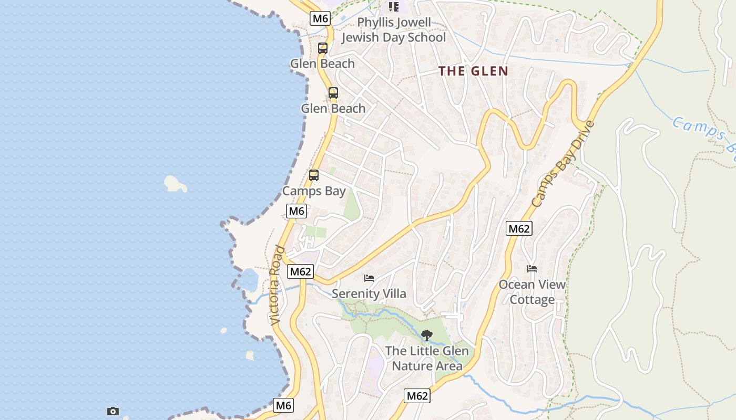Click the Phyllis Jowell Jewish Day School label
coord(393,30)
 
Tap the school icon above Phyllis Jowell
coord(393,7)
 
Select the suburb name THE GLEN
coord(473,71)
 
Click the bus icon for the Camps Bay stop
coord(314,175)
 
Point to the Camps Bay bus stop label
coord(314,191)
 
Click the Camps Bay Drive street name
coord(563,164)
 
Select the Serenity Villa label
coord(369,293)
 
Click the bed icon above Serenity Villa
coord(369,278)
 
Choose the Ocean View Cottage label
coord(532,292)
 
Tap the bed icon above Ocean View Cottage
coord(532,269)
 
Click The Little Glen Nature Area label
coord(427,358)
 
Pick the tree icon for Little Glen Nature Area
coord(427,335)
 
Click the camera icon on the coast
coord(113,411)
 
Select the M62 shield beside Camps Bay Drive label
coord(519,228)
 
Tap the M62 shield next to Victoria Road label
coord(301,271)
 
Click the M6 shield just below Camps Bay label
coord(297,211)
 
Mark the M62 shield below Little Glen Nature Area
coord(417,396)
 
